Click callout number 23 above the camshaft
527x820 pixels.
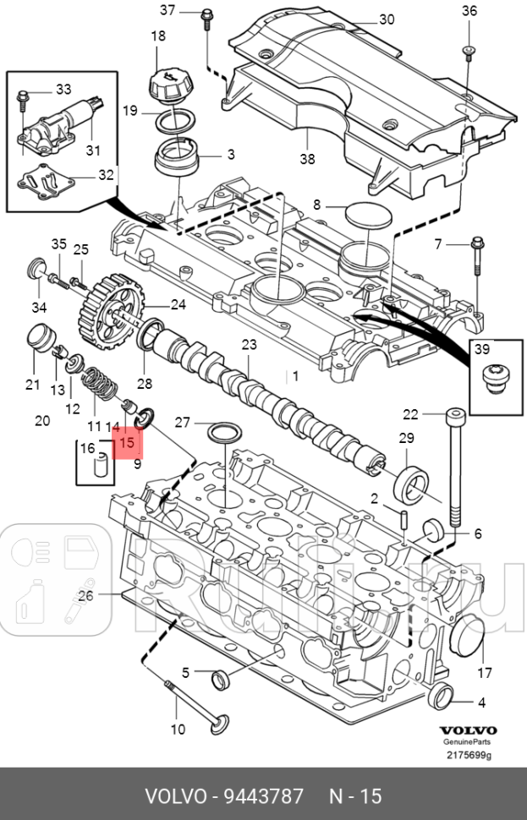(x=249, y=345)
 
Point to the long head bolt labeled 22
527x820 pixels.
(x=454, y=469)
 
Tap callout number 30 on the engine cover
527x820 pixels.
(x=387, y=19)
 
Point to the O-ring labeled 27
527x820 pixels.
(x=224, y=434)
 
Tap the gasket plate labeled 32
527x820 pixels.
(x=47, y=183)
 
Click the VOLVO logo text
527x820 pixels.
(x=467, y=730)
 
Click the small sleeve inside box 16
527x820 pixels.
(x=101, y=466)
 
